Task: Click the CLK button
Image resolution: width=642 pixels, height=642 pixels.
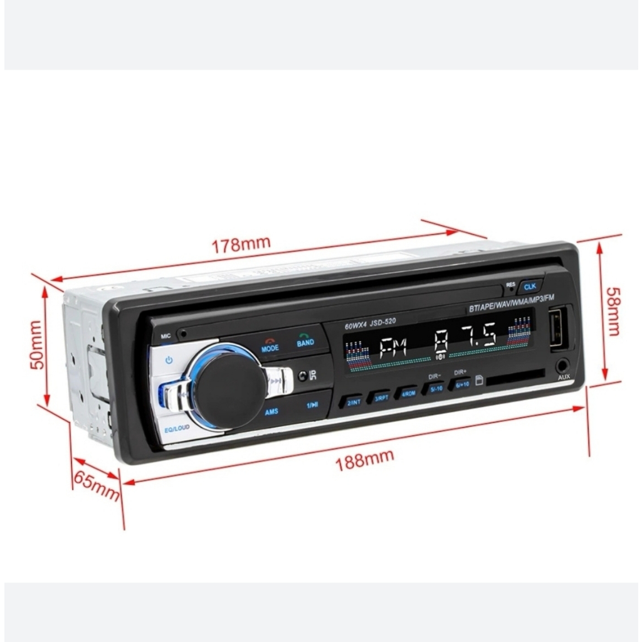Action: coord(530,286)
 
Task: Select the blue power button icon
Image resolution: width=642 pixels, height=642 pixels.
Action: coord(168,360)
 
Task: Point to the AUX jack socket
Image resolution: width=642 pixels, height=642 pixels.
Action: coord(562,364)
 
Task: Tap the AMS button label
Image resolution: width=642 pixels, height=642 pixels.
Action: coord(271,412)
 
